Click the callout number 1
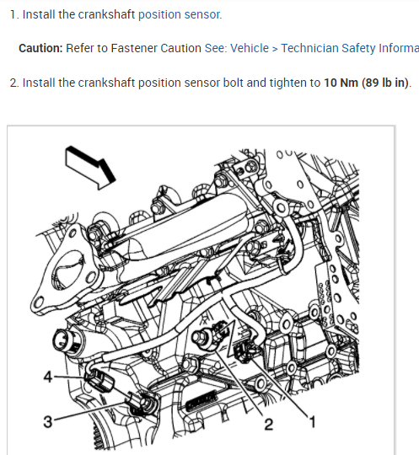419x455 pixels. [x=312, y=421]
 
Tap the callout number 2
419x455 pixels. [x=269, y=424]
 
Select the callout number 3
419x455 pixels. [x=48, y=421]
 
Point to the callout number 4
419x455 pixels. [x=48, y=377]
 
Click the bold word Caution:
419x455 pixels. [x=40, y=48]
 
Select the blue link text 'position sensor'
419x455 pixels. [x=180, y=14]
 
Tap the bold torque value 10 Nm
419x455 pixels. [x=341, y=83]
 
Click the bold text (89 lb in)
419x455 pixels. [x=385, y=83]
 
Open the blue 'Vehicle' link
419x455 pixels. [x=250, y=48]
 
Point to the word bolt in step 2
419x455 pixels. [x=233, y=83]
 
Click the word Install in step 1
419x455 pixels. [x=39, y=14]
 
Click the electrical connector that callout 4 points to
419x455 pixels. [x=97, y=381]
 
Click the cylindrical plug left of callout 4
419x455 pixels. [x=65, y=340]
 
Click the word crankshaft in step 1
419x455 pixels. [x=106, y=14]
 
